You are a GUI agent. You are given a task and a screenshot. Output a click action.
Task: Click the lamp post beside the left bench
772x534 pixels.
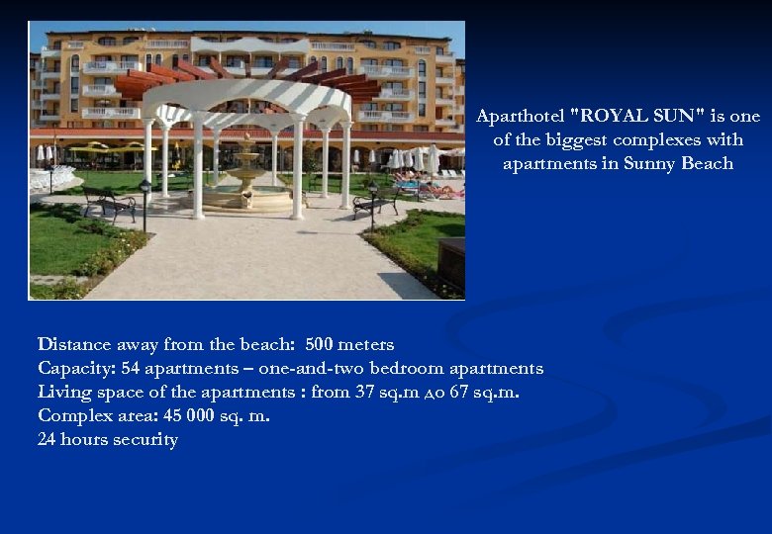pos(145,204)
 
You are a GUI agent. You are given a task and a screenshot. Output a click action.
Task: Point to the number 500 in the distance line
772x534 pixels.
pos(320,345)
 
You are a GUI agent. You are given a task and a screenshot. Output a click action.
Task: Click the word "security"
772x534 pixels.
pos(145,440)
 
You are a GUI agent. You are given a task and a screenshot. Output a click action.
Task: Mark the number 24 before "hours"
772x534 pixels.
pos(47,440)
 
